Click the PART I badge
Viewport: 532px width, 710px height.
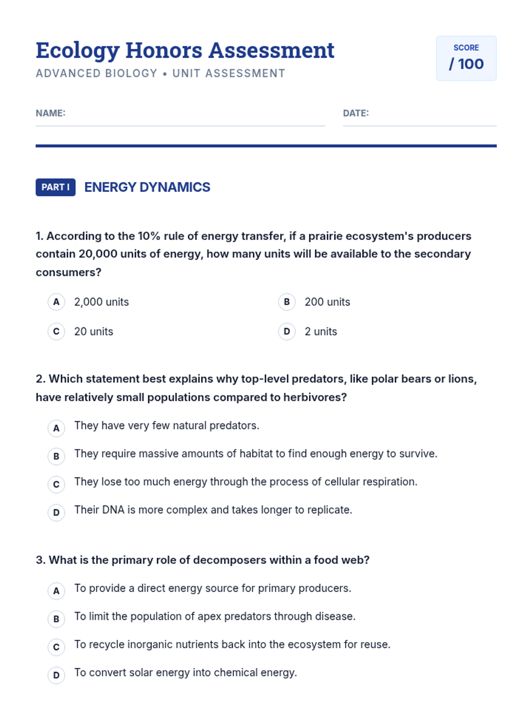pyautogui.click(x=55, y=187)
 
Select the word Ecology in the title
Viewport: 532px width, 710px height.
pyautogui.click(x=78, y=51)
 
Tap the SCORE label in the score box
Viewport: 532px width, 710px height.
pyautogui.click(x=466, y=47)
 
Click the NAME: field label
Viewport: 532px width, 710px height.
pyautogui.click(x=51, y=113)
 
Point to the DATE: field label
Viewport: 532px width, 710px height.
pyautogui.click(x=356, y=113)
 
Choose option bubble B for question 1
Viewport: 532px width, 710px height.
pyautogui.click(x=287, y=302)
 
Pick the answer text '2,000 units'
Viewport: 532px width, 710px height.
pyautogui.click(x=102, y=302)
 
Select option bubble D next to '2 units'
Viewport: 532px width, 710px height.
pyautogui.click(x=287, y=331)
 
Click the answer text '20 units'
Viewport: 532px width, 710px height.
pyautogui.click(x=94, y=331)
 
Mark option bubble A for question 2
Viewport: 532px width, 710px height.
pyautogui.click(x=56, y=428)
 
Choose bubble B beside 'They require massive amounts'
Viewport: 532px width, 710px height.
pyautogui.click(x=56, y=456)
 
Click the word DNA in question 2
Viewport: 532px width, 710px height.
pyautogui.click(x=113, y=510)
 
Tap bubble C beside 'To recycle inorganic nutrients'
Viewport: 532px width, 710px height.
pyautogui.click(x=56, y=647)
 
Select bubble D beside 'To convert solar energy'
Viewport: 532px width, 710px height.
pyautogui.click(x=56, y=675)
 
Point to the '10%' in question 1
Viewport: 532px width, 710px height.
pyautogui.click(x=149, y=236)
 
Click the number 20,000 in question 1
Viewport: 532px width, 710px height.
pyautogui.click(x=98, y=254)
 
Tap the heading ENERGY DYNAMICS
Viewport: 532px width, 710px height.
pyautogui.click(x=147, y=187)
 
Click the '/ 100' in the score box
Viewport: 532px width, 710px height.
pyautogui.click(x=466, y=64)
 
